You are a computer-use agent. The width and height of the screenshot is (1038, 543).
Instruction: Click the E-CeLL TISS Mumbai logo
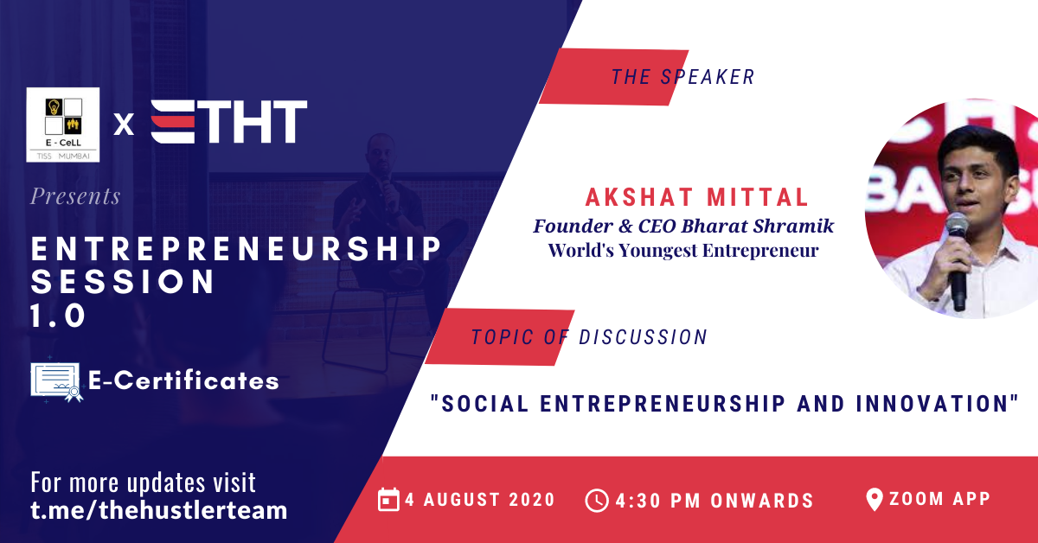click(x=63, y=125)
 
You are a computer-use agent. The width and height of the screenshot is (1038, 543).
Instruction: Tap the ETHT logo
click(x=229, y=122)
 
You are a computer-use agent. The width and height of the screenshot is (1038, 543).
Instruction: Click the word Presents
click(x=75, y=196)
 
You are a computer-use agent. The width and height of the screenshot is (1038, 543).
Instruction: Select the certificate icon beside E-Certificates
click(x=56, y=382)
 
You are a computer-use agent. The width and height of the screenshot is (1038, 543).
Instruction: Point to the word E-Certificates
click(x=183, y=380)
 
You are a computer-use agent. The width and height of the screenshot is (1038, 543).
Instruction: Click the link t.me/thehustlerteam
click(x=159, y=510)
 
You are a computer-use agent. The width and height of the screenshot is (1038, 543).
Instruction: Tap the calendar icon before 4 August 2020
click(x=388, y=500)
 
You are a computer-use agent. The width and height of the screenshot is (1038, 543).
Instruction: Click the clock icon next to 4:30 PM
click(x=596, y=501)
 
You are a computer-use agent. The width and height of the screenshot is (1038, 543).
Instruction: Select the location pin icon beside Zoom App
click(x=874, y=500)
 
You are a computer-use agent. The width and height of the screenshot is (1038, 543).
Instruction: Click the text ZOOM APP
click(x=939, y=499)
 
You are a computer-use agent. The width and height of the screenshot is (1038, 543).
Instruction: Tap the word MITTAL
click(x=757, y=197)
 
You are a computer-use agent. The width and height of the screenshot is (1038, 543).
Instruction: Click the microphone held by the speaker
click(x=957, y=260)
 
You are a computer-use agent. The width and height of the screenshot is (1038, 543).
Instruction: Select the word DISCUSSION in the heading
click(x=643, y=337)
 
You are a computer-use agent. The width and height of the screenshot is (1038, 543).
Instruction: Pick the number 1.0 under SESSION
click(x=58, y=316)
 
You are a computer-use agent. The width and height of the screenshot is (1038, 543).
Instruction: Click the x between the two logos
click(x=124, y=125)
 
